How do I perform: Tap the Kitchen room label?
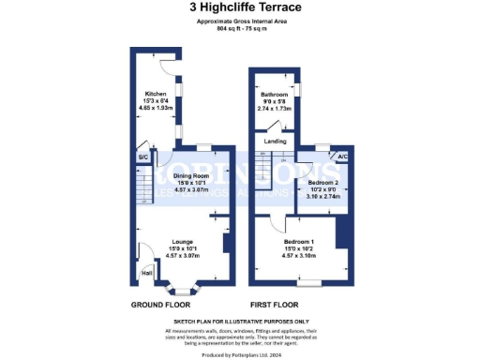(x=156, y=94)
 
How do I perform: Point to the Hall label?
(x=146, y=273)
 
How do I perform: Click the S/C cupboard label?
(x=143, y=157)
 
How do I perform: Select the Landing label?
(x=275, y=141)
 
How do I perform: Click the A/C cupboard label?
(x=342, y=157)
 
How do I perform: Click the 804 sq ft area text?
(x=239, y=29)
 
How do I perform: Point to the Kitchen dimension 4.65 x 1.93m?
(x=156, y=108)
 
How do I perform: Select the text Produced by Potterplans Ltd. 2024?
(x=239, y=354)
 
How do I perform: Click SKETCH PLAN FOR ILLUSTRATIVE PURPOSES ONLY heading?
(x=239, y=321)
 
